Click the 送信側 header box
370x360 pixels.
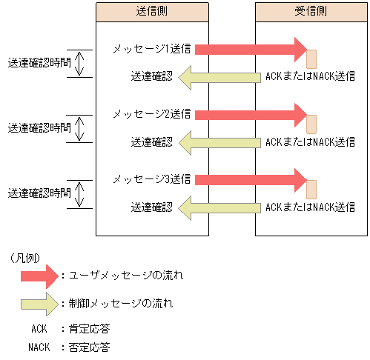(152, 13)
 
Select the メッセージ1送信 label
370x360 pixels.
(152, 49)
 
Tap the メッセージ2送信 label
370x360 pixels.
(152, 114)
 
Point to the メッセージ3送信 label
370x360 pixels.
(152, 179)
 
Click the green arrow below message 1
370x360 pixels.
(219, 76)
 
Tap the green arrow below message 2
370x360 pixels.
(219, 141)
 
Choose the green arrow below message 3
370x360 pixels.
(219, 207)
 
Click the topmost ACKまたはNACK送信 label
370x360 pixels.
(310, 76)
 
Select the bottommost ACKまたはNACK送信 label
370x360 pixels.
(310, 207)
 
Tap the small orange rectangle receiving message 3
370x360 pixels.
(311, 190)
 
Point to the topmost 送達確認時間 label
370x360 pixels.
(39, 63)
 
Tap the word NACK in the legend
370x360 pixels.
(40, 346)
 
